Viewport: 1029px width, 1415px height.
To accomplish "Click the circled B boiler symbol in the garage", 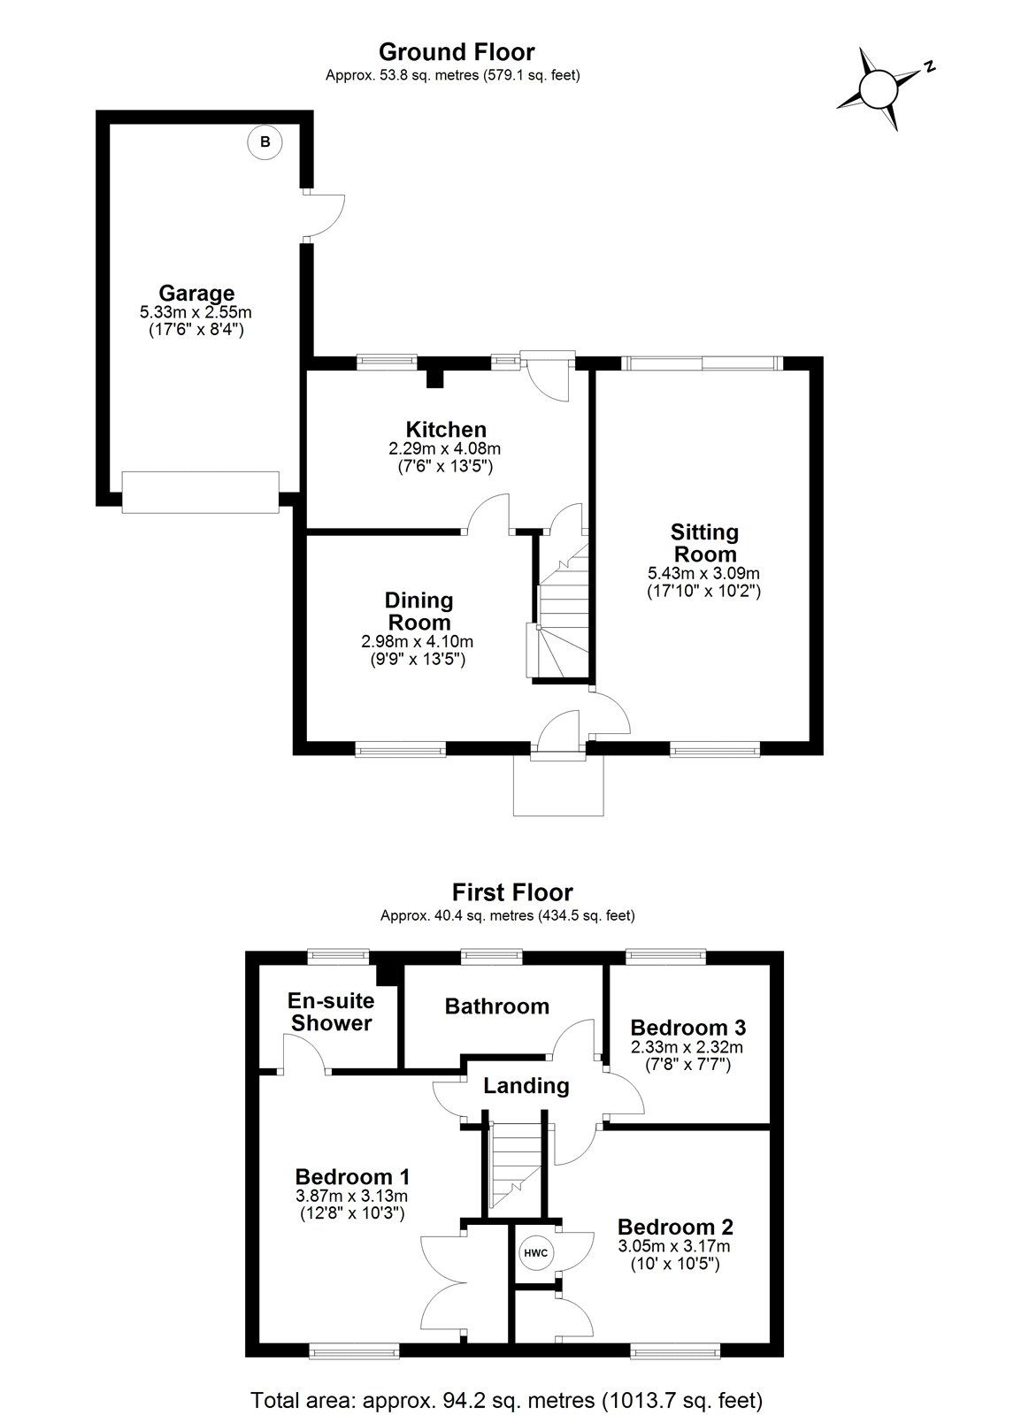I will [x=265, y=141].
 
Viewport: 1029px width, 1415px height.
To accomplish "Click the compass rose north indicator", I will [x=880, y=88].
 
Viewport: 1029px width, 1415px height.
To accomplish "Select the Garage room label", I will [x=196, y=293].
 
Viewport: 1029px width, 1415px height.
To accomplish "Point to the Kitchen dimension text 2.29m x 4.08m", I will [x=445, y=449].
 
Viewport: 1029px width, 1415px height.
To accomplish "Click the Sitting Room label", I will [x=704, y=543].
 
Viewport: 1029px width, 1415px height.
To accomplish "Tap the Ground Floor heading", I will [x=457, y=51].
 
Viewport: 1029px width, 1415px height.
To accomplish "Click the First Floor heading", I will [x=512, y=891].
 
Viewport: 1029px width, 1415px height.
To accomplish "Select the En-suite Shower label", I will [x=331, y=1012].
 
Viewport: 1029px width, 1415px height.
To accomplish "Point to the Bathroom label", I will [x=496, y=1006].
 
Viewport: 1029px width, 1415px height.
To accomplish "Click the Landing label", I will [x=526, y=1085].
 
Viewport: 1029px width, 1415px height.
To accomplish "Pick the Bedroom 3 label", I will [x=687, y=1027].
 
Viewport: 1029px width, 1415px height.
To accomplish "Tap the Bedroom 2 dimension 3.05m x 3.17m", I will [x=674, y=1246].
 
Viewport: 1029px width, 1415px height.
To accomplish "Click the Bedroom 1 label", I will [x=351, y=1176].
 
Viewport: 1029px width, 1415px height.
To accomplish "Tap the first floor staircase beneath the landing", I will [x=515, y=1166].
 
